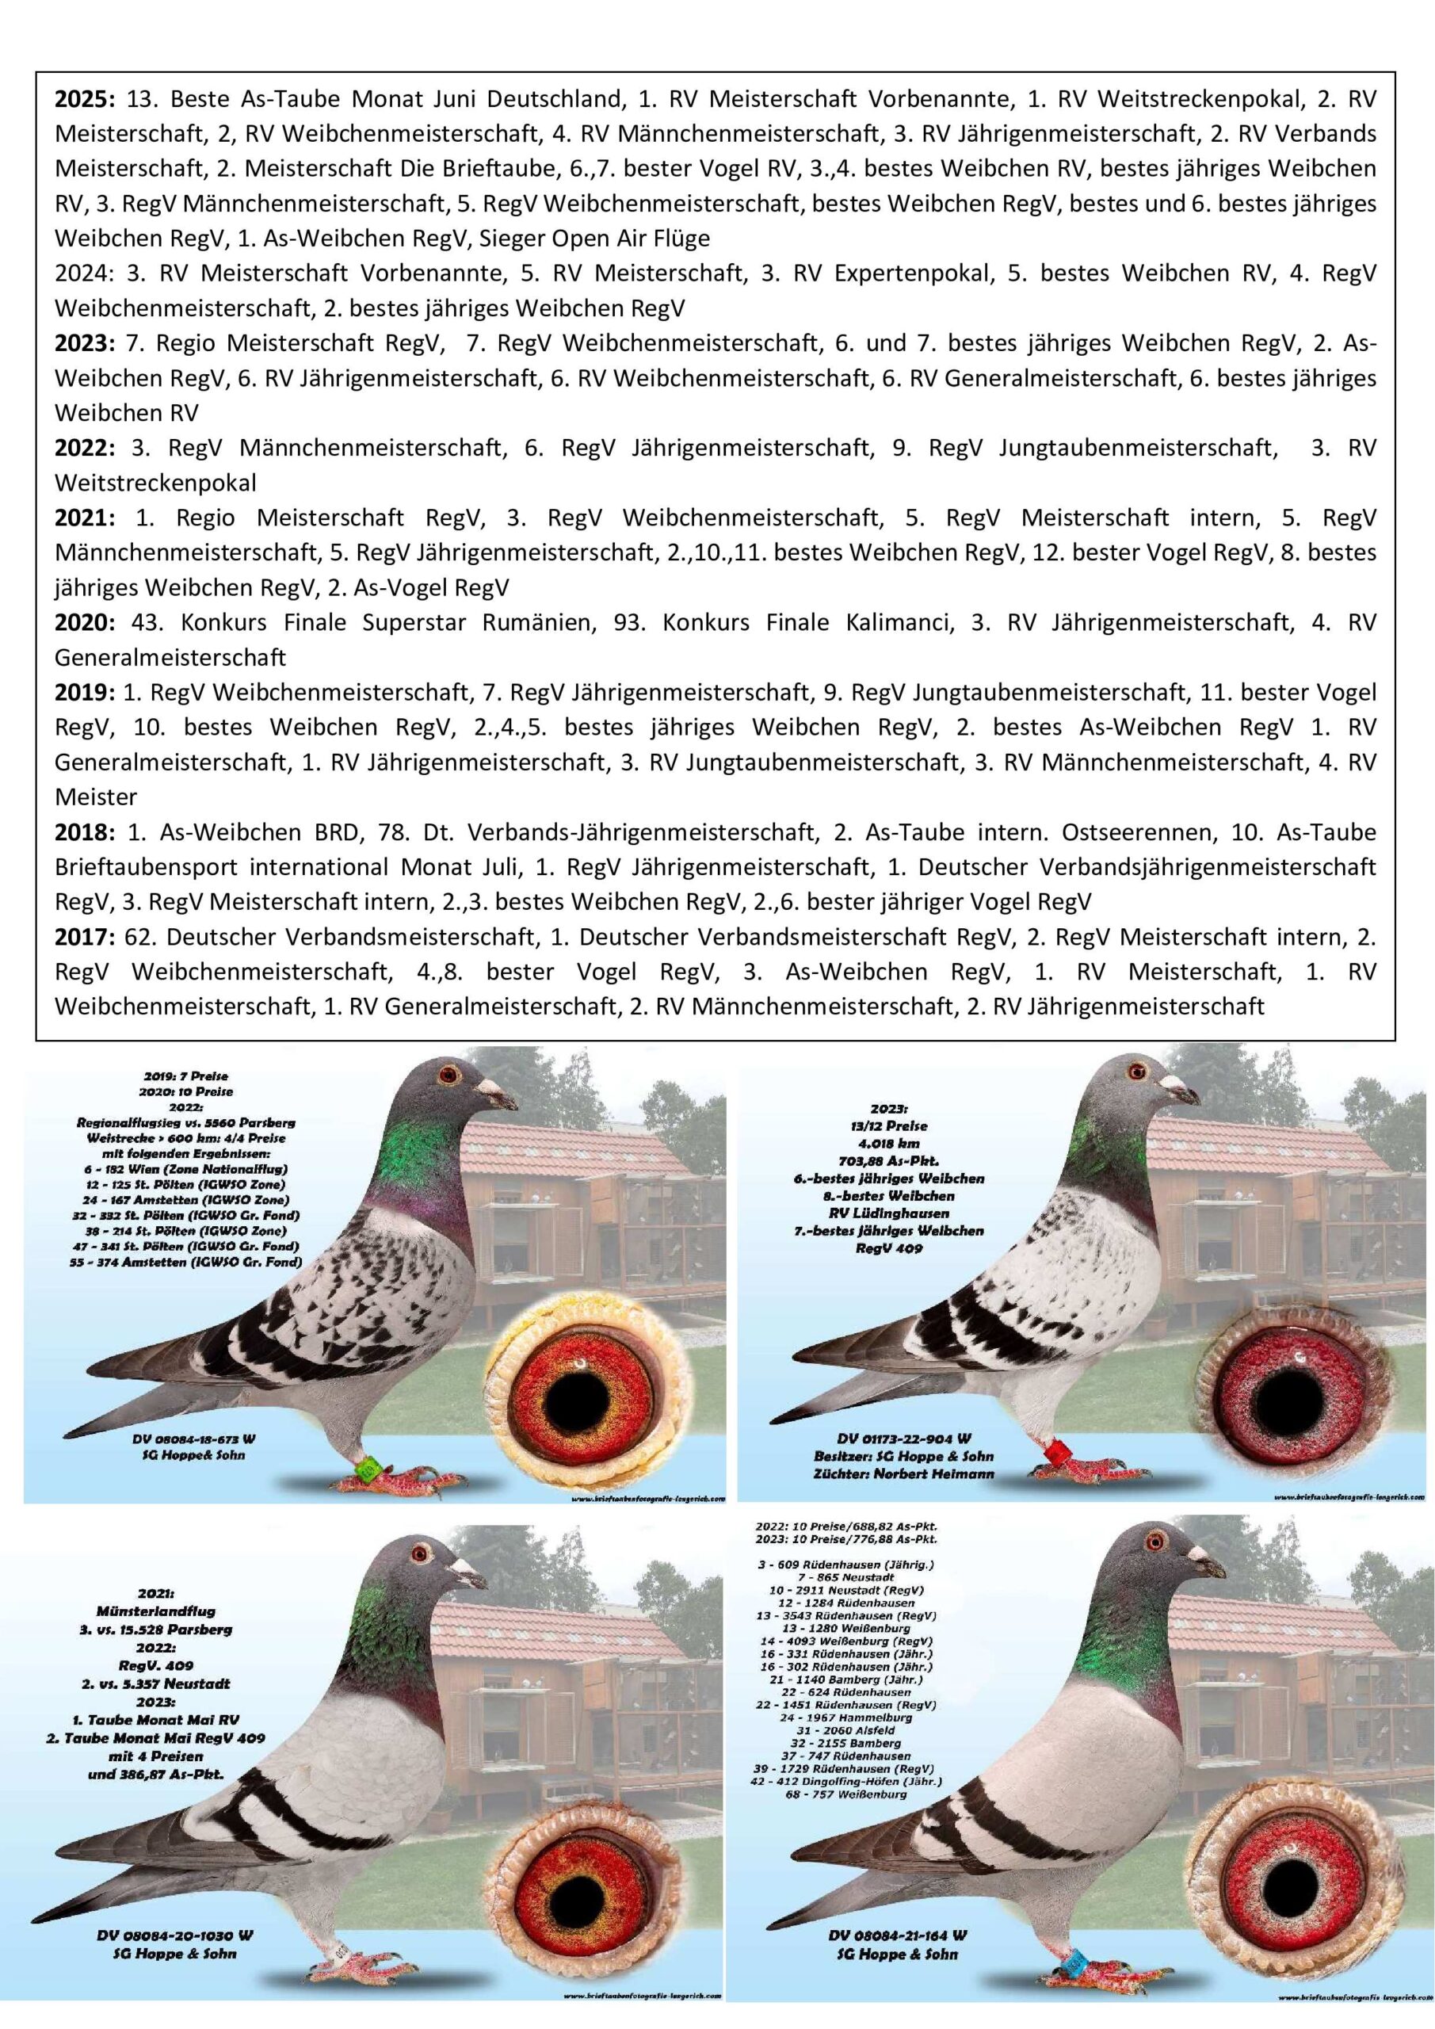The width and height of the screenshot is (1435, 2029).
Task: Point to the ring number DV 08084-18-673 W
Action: tap(189, 1439)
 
